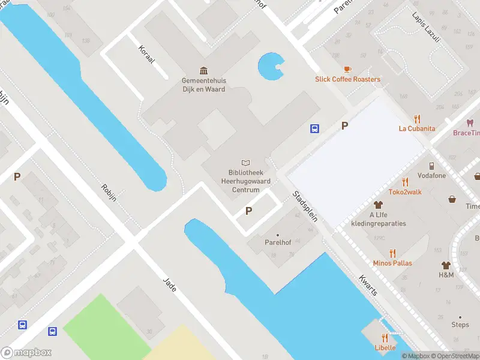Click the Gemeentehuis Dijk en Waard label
[204, 85]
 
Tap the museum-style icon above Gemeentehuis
[204, 71]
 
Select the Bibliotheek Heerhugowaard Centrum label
[245, 181]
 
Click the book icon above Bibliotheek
[245, 163]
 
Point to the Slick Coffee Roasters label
[347, 79]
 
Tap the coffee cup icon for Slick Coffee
[347, 70]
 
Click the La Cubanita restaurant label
[417, 128]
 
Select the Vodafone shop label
[431, 176]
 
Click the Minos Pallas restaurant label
[392, 263]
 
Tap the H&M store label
[446, 275]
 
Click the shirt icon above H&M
[446, 265]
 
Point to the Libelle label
[385, 347]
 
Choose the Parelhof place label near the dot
[277, 242]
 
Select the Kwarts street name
[368, 285]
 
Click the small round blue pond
[269, 66]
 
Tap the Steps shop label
[460, 325]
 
